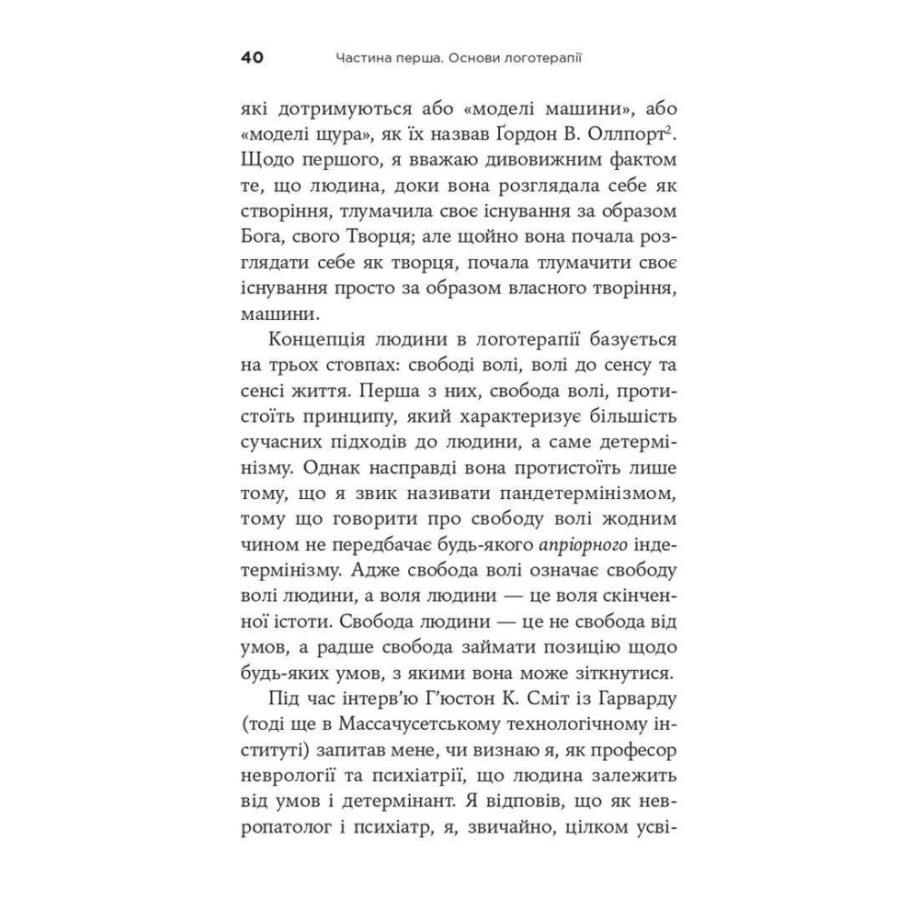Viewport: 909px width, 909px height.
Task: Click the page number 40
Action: pos(252,58)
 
